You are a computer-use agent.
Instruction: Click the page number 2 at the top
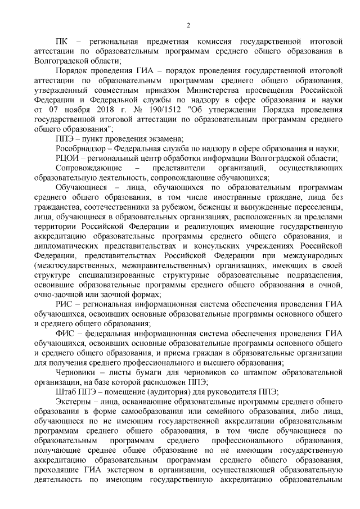[188, 24]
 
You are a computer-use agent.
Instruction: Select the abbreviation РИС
[64, 304]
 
